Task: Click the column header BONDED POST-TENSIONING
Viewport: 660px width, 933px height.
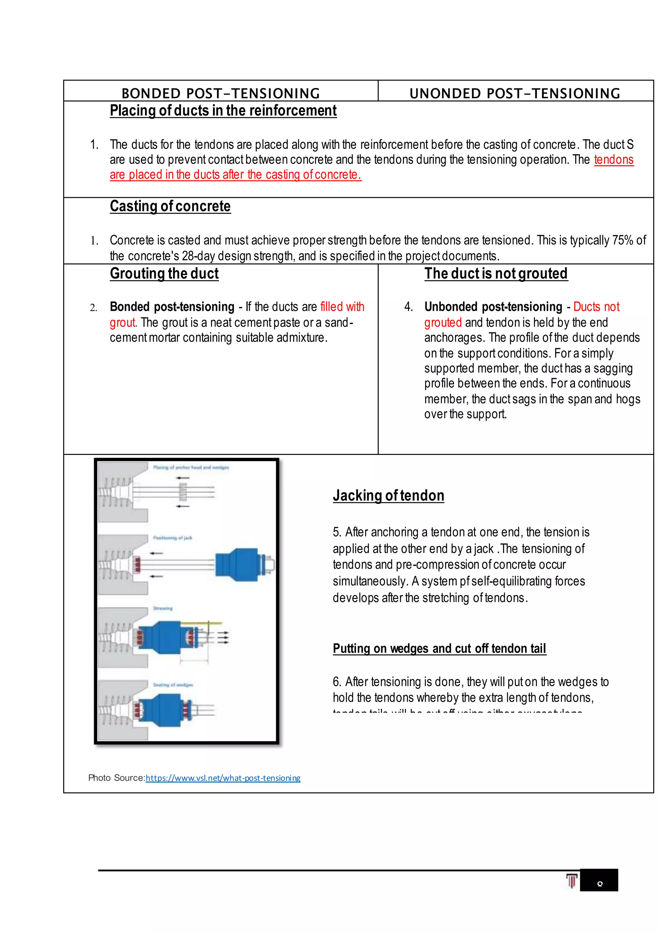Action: click(221, 93)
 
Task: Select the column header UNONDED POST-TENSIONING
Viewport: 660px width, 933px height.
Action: click(515, 93)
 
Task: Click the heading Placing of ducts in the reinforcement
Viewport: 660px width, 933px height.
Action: click(223, 111)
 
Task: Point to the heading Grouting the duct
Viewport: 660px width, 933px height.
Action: click(164, 274)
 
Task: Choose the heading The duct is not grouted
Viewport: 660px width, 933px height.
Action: click(496, 274)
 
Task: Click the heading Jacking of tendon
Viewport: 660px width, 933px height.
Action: click(388, 495)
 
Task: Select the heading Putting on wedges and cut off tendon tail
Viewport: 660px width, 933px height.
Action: click(439, 648)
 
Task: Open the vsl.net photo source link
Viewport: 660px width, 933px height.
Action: click(223, 778)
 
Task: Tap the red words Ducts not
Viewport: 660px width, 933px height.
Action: click(596, 306)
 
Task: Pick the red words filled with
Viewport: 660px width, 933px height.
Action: click(342, 306)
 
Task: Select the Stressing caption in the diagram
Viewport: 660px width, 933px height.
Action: click(162, 608)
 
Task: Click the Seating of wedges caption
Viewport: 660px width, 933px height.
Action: click(173, 685)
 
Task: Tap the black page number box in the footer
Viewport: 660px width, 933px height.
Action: click(599, 880)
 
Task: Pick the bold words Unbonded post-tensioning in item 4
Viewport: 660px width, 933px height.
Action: click(493, 306)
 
